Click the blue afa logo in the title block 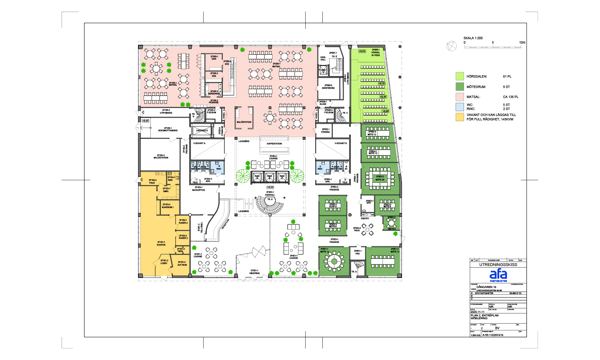[x=498, y=274]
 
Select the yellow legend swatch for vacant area [x=460, y=117]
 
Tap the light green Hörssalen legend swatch [x=460, y=76]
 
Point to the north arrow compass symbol [x=451, y=46]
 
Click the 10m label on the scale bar [x=522, y=42]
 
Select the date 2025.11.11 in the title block [x=477, y=312]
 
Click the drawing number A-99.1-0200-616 [x=493, y=335]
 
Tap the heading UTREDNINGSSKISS [x=498, y=264]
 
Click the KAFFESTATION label [x=274, y=144]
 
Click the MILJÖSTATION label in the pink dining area [x=244, y=122]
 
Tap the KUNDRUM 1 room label [x=168, y=206]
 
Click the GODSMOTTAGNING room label [x=168, y=130]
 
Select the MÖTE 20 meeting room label [x=380, y=178]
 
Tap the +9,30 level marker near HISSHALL [x=270, y=187]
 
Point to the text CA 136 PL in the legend [x=510, y=97]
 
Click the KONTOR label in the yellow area [x=161, y=243]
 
